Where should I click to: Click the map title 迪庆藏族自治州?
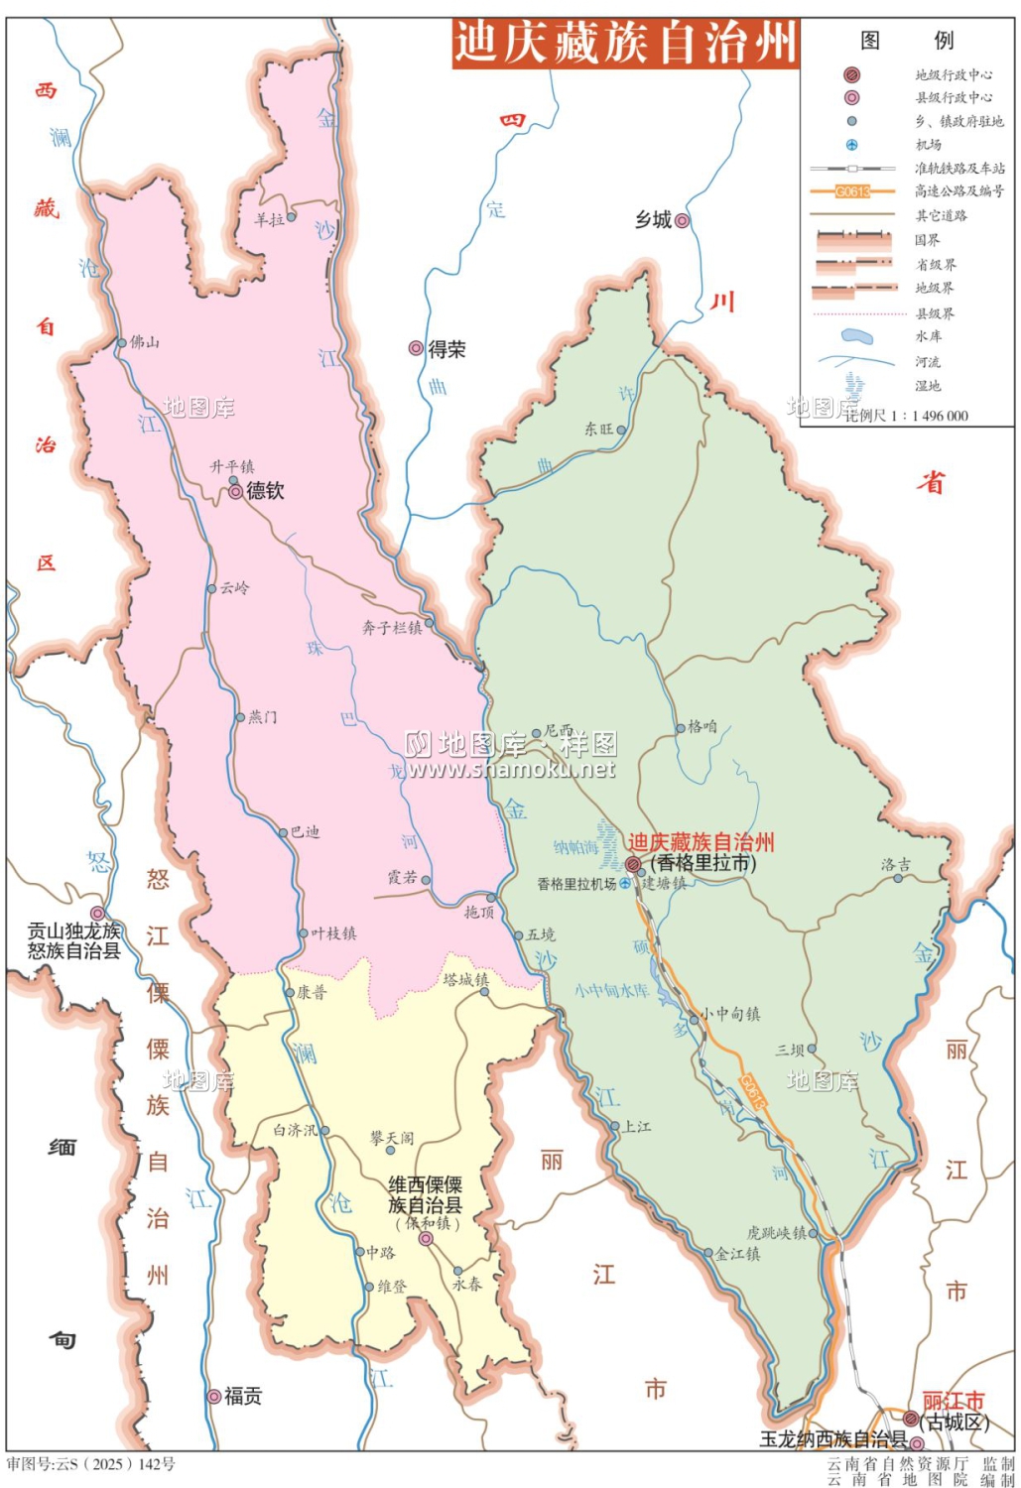click(625, 44)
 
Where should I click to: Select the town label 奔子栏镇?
click(391, 627)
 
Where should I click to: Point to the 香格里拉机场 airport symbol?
click(626, 883)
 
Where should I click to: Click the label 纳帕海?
click(575, 846)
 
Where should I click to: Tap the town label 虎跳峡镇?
click(776, 1232)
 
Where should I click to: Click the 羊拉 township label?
click(269, 219)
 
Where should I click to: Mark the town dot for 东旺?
click(621, 430)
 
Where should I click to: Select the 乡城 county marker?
click(682, 220)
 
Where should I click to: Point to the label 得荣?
click(447, 349)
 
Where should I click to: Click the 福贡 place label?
click(242, 1396)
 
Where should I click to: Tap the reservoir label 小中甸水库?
click(611, 990)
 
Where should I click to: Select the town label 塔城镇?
click(465, 979)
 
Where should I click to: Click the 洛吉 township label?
click(895, 864)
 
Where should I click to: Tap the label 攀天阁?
click(391, 1138)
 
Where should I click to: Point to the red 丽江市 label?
click(953, 1401)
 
